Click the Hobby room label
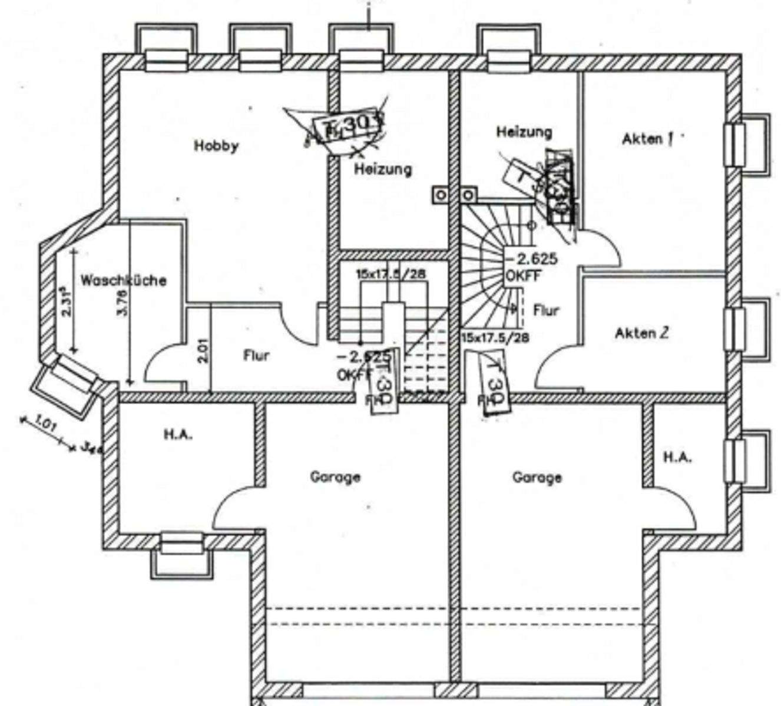pyautogui.click(x=216, y=145)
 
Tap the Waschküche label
pyautogui.click(x=123, y=280)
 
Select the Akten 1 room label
pyautogui.click(x=647, y=139)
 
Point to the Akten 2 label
pyautogui.click(x=641, y=333)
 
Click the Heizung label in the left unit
pyautogui.click(x=382, y=169)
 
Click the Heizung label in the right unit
pyautogui.click(x=524, y=131)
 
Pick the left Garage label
pyautogui.click(x=335, y=477)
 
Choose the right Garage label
pyautogui.click(x=537, y=477)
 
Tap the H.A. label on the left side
pyautogui.click(x=178, y=435)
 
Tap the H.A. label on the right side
pyautogui.click(x=677, y=457)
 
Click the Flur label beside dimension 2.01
pyautogui.click(x=256, y=355)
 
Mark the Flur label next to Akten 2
pyautogui.click(x=546, y=309)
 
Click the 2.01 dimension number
pyautogui.click(x=203, y=350)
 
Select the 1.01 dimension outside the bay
pyautogui.click(x=46, y=424)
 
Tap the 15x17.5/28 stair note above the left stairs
pyautogui.click(x=391, y=274)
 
